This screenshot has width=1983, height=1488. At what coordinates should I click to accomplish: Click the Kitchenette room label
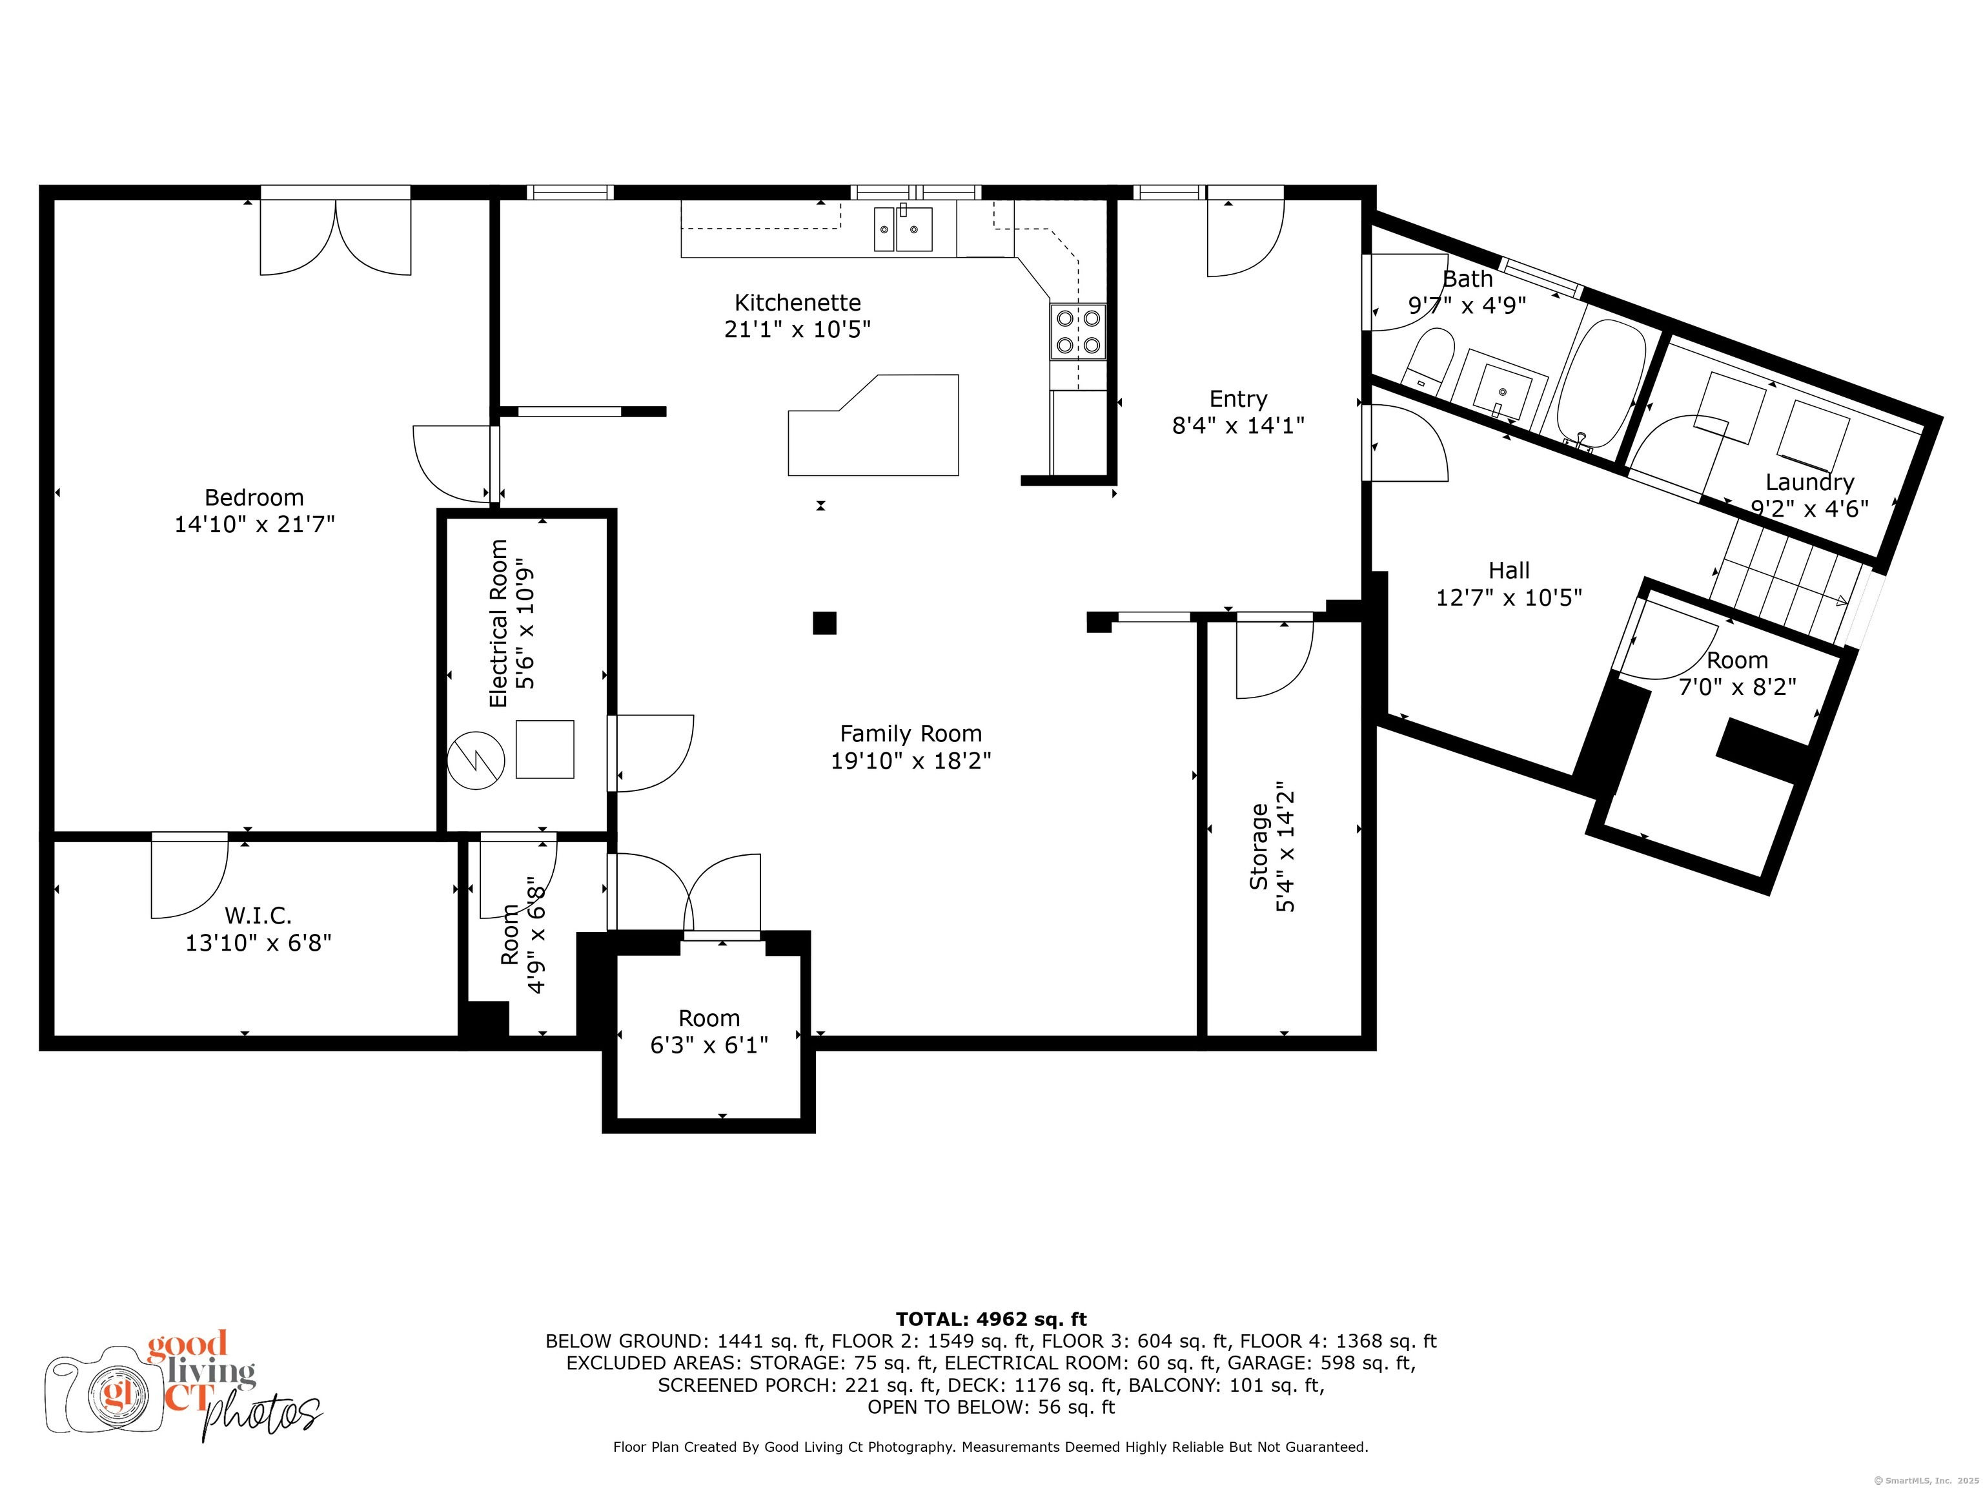tap(798, 302)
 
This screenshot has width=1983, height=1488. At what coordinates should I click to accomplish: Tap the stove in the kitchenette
tap(1079, 332)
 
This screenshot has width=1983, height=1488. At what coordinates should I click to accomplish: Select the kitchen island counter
tap(873, 425)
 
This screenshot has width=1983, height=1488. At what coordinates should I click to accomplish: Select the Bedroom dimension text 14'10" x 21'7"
tap(254, 524)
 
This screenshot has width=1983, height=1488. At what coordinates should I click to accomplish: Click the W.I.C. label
tap(258, 916)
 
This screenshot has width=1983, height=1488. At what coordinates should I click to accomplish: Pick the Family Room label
tap(911, 734)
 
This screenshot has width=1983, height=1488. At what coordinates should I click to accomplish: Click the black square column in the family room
tap(825, 623)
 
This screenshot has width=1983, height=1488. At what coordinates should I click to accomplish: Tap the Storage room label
tap(1259, 847)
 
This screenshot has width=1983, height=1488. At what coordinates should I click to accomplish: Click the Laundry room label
tap(1810, 482)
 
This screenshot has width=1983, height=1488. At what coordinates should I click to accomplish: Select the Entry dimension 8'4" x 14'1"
tap(1238, 425)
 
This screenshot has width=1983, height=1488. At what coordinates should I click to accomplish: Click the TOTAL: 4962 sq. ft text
tap(991, 1319)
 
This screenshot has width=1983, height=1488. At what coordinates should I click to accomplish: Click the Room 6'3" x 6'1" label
tap(709, 1031)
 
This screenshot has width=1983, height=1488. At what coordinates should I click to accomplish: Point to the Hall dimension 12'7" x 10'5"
tap(1509, 597)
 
